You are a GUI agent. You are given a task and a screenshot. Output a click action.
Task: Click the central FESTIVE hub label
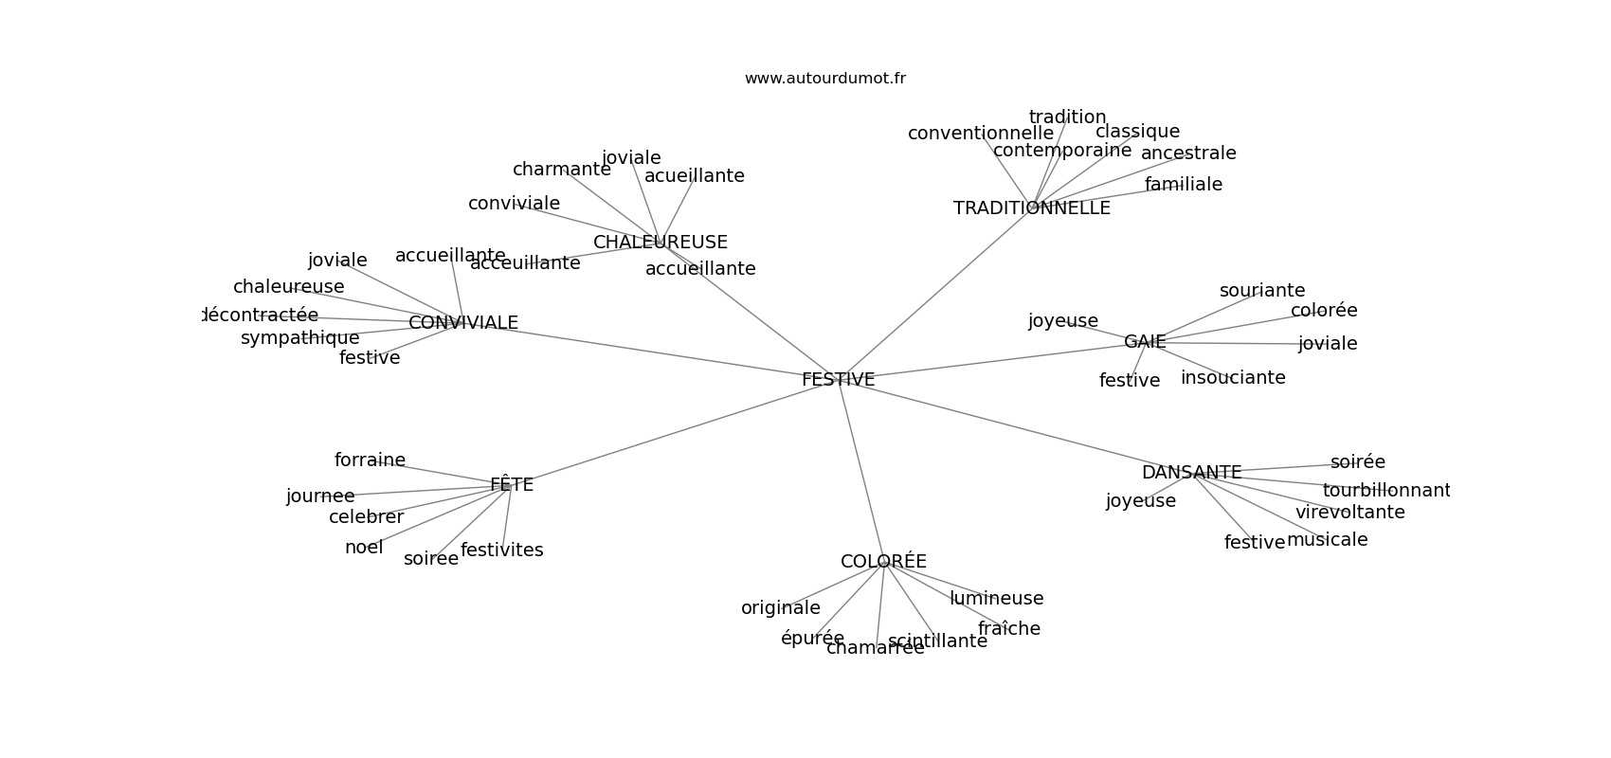pos(838,380)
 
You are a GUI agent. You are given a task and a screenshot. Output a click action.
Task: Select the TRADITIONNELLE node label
pos(1031,208)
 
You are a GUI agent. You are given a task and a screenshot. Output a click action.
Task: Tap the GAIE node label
pos(1145,342)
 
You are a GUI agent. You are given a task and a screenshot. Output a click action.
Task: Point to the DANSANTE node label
pos(1191,473)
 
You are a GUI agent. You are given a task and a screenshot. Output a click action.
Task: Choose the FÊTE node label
pos(512,485)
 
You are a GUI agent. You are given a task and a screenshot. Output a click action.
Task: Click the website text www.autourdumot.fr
pos(824,79)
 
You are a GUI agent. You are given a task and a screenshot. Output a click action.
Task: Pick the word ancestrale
pos(1188,153)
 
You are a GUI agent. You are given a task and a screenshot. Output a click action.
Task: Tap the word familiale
pos(1184,185)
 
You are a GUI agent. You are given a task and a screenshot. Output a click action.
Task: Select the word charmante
pos(562,170)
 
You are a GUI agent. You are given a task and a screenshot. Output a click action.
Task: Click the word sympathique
pos(300,338)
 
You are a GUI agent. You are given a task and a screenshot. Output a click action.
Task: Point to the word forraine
pos(370,460)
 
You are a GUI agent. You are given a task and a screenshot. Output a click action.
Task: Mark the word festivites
pos(502,550)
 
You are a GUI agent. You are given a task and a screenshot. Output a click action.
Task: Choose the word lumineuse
pos(996,599)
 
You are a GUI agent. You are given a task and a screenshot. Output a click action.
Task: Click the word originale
pos(781,608)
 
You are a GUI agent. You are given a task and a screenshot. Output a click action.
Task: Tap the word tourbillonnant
pos(1385,491)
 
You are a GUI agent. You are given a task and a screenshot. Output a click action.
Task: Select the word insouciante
pos(1233,378)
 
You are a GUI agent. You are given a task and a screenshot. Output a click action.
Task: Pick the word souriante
pos(1262,291)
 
